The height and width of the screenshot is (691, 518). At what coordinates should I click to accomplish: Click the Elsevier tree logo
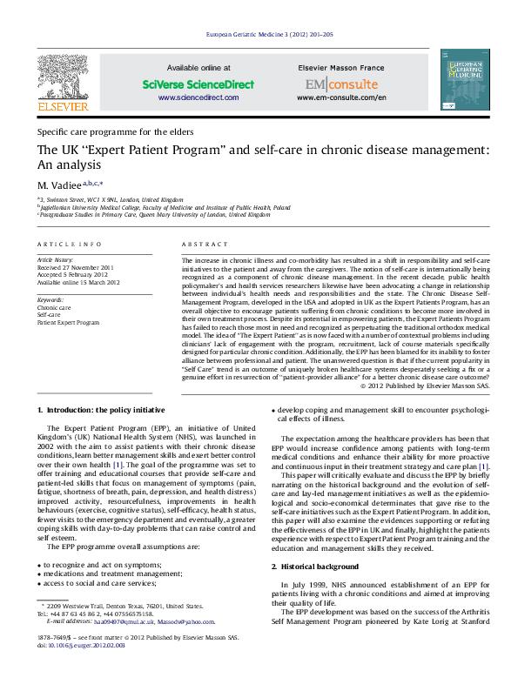[x=62, y=78]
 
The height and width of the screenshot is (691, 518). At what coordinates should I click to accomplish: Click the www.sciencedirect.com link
[x=198, y=98]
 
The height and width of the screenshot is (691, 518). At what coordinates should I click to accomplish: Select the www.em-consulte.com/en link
[x=341, y=98]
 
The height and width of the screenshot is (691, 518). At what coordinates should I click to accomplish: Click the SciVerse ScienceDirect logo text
[x=198, y=84]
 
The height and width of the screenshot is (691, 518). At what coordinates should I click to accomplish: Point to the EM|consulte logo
[x=341, y=84]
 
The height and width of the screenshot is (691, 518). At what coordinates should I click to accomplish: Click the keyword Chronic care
[x=54, y=308]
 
